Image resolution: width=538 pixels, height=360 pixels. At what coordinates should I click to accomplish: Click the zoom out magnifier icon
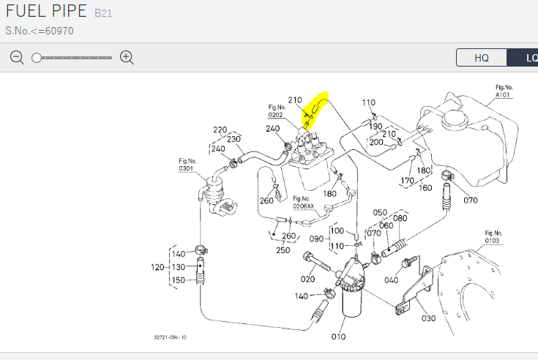17,58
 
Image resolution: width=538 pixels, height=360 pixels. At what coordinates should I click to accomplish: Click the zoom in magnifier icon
127,58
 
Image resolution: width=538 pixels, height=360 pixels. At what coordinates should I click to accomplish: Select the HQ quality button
482,58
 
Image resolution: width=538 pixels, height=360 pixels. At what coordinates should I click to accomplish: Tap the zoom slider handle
37,58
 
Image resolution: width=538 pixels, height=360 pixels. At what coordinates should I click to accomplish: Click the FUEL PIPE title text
46,11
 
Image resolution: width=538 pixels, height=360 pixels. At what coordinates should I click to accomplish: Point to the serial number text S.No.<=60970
40,31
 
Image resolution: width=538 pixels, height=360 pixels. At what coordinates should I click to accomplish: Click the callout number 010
338,337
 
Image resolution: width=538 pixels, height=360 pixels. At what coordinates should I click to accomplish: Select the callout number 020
307,279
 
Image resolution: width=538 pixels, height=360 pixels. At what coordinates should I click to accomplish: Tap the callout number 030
428,318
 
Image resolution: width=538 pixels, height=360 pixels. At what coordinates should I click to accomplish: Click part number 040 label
391,280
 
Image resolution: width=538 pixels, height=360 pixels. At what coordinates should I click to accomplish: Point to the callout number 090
316,239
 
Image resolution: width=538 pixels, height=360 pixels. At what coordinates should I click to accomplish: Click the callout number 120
157,267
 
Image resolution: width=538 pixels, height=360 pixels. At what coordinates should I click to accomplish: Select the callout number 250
283,250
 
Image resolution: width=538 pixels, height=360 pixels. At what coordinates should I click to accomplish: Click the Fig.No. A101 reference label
504,91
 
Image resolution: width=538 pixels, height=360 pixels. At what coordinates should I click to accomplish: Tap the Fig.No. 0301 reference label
187,165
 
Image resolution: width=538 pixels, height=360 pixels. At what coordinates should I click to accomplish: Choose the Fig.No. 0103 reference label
493,237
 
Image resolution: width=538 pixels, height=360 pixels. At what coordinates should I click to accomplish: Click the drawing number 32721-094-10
170,337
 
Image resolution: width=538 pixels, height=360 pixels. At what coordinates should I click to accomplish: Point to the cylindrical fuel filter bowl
351,301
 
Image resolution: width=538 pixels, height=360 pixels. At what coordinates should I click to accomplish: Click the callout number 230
233,139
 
